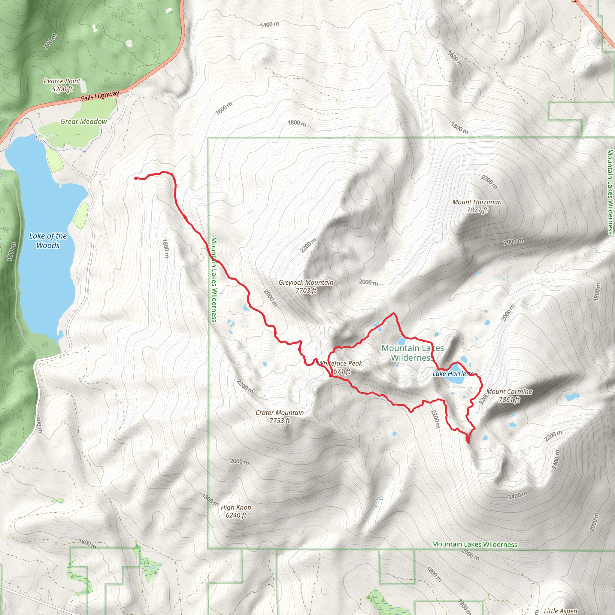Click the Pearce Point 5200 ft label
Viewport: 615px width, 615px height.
[62, 85]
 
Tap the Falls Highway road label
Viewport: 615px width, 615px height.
[100, 95]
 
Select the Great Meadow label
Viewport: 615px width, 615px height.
[84, 122]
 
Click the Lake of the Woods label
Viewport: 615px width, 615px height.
[48, 241]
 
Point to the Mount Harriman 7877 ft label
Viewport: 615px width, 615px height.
[477, 206]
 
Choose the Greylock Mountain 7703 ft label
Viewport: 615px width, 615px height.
[306, 286]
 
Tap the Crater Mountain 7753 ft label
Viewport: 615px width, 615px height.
[280, 417]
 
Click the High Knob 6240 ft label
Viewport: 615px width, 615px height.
[236, 511]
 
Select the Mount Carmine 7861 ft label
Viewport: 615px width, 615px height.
[509, 395]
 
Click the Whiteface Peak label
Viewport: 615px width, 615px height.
[340, 367]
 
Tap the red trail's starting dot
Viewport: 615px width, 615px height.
[136, 178]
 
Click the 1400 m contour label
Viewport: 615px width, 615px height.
[270, 25]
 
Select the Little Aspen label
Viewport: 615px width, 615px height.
[560, 611]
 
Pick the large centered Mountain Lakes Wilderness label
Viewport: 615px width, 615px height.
[413, 353]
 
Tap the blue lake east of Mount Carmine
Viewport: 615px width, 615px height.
[572, 397]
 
